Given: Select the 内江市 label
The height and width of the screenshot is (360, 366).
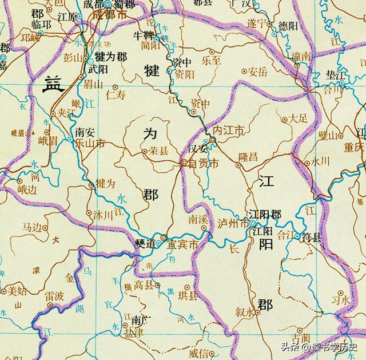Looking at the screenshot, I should point(228,131).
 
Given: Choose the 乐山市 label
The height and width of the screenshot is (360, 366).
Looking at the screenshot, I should point(90,143).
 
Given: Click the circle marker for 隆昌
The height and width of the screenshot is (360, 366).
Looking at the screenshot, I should point(239,165).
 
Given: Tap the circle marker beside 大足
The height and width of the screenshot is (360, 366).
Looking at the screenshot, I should point(285,120).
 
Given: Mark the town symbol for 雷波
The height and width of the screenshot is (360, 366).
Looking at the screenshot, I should point(50,304).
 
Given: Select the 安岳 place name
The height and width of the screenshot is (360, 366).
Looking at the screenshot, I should point(257,72).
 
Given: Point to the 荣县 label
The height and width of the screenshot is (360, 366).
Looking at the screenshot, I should point(159,152).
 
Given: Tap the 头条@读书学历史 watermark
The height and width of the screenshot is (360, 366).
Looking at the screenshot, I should point(319,346).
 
